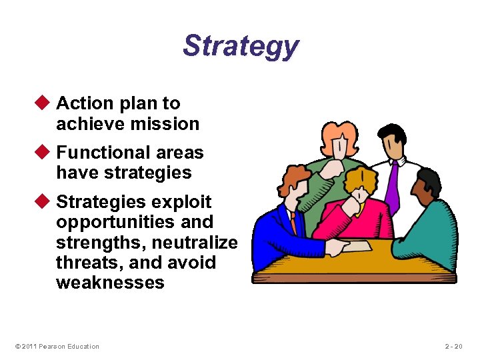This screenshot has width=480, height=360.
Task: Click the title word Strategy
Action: [241, 47]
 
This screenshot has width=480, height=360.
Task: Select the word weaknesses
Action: [110, 283]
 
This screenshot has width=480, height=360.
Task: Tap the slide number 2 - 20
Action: [457, 346]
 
